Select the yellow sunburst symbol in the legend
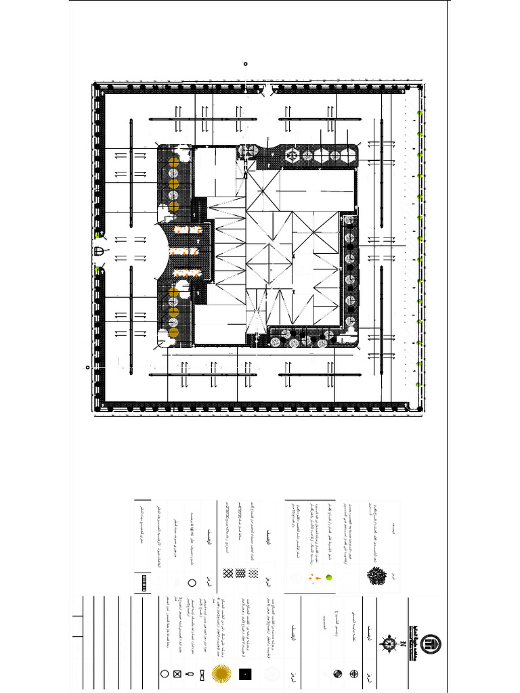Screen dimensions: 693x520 (x=220, y=673)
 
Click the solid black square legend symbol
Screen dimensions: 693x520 (x=245, y=673)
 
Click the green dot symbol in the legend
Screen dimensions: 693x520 (x=330, y=578)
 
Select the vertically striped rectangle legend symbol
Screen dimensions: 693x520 (x=145, y=582)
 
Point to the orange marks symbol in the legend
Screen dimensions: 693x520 (x=313, y=578)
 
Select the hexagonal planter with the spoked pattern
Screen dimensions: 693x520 (x=291, y=155)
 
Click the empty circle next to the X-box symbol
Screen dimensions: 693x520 (x=164, y=674)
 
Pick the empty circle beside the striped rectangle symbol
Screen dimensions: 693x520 (x=192, y=582)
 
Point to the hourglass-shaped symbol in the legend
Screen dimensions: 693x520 (x=190, y=674)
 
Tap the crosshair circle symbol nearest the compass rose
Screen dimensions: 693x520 (x=354, y=674)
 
